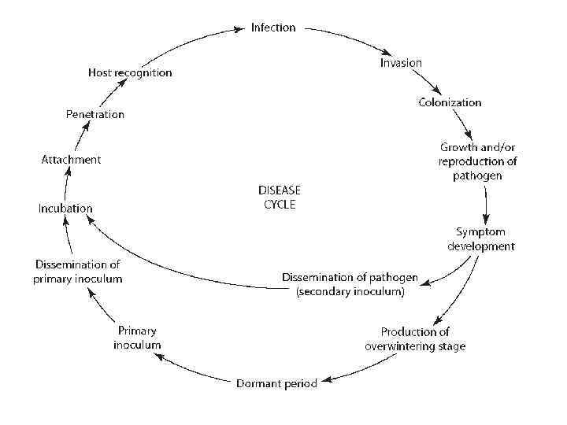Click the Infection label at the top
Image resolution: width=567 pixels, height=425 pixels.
pos(273,28)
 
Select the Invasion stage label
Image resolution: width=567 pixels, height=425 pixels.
pos(401,63)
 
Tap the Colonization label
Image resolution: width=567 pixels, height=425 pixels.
pos(449,102)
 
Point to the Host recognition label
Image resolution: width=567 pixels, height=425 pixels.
pos(130,72)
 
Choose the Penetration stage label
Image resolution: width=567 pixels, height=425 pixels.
pos(94,114)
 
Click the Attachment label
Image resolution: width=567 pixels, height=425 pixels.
pos(71,160)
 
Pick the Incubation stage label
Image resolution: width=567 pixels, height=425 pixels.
pos(65,209)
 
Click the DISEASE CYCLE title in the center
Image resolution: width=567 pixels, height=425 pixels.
pos(280,197)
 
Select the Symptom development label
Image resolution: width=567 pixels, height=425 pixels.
pos(481,238)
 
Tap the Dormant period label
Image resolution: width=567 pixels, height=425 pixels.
pos(276,383)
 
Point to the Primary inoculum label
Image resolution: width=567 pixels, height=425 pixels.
pos(137,338)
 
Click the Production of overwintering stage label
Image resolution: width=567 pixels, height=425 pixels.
pos(415,338)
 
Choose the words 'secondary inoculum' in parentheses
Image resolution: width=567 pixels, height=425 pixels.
pos(350,292)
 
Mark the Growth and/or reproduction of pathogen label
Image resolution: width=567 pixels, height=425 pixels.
pos(477,161)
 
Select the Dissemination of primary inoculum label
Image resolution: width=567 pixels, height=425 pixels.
pos(79,271)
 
